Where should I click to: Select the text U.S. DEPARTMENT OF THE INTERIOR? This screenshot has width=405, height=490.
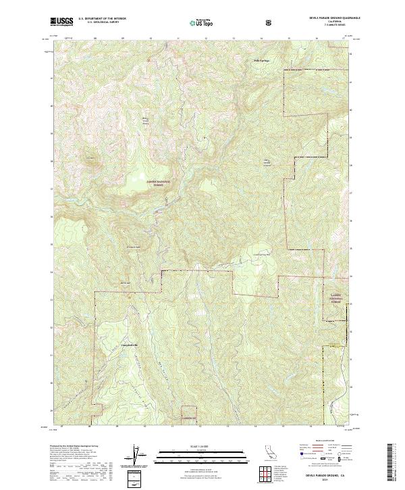click(103, 19)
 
